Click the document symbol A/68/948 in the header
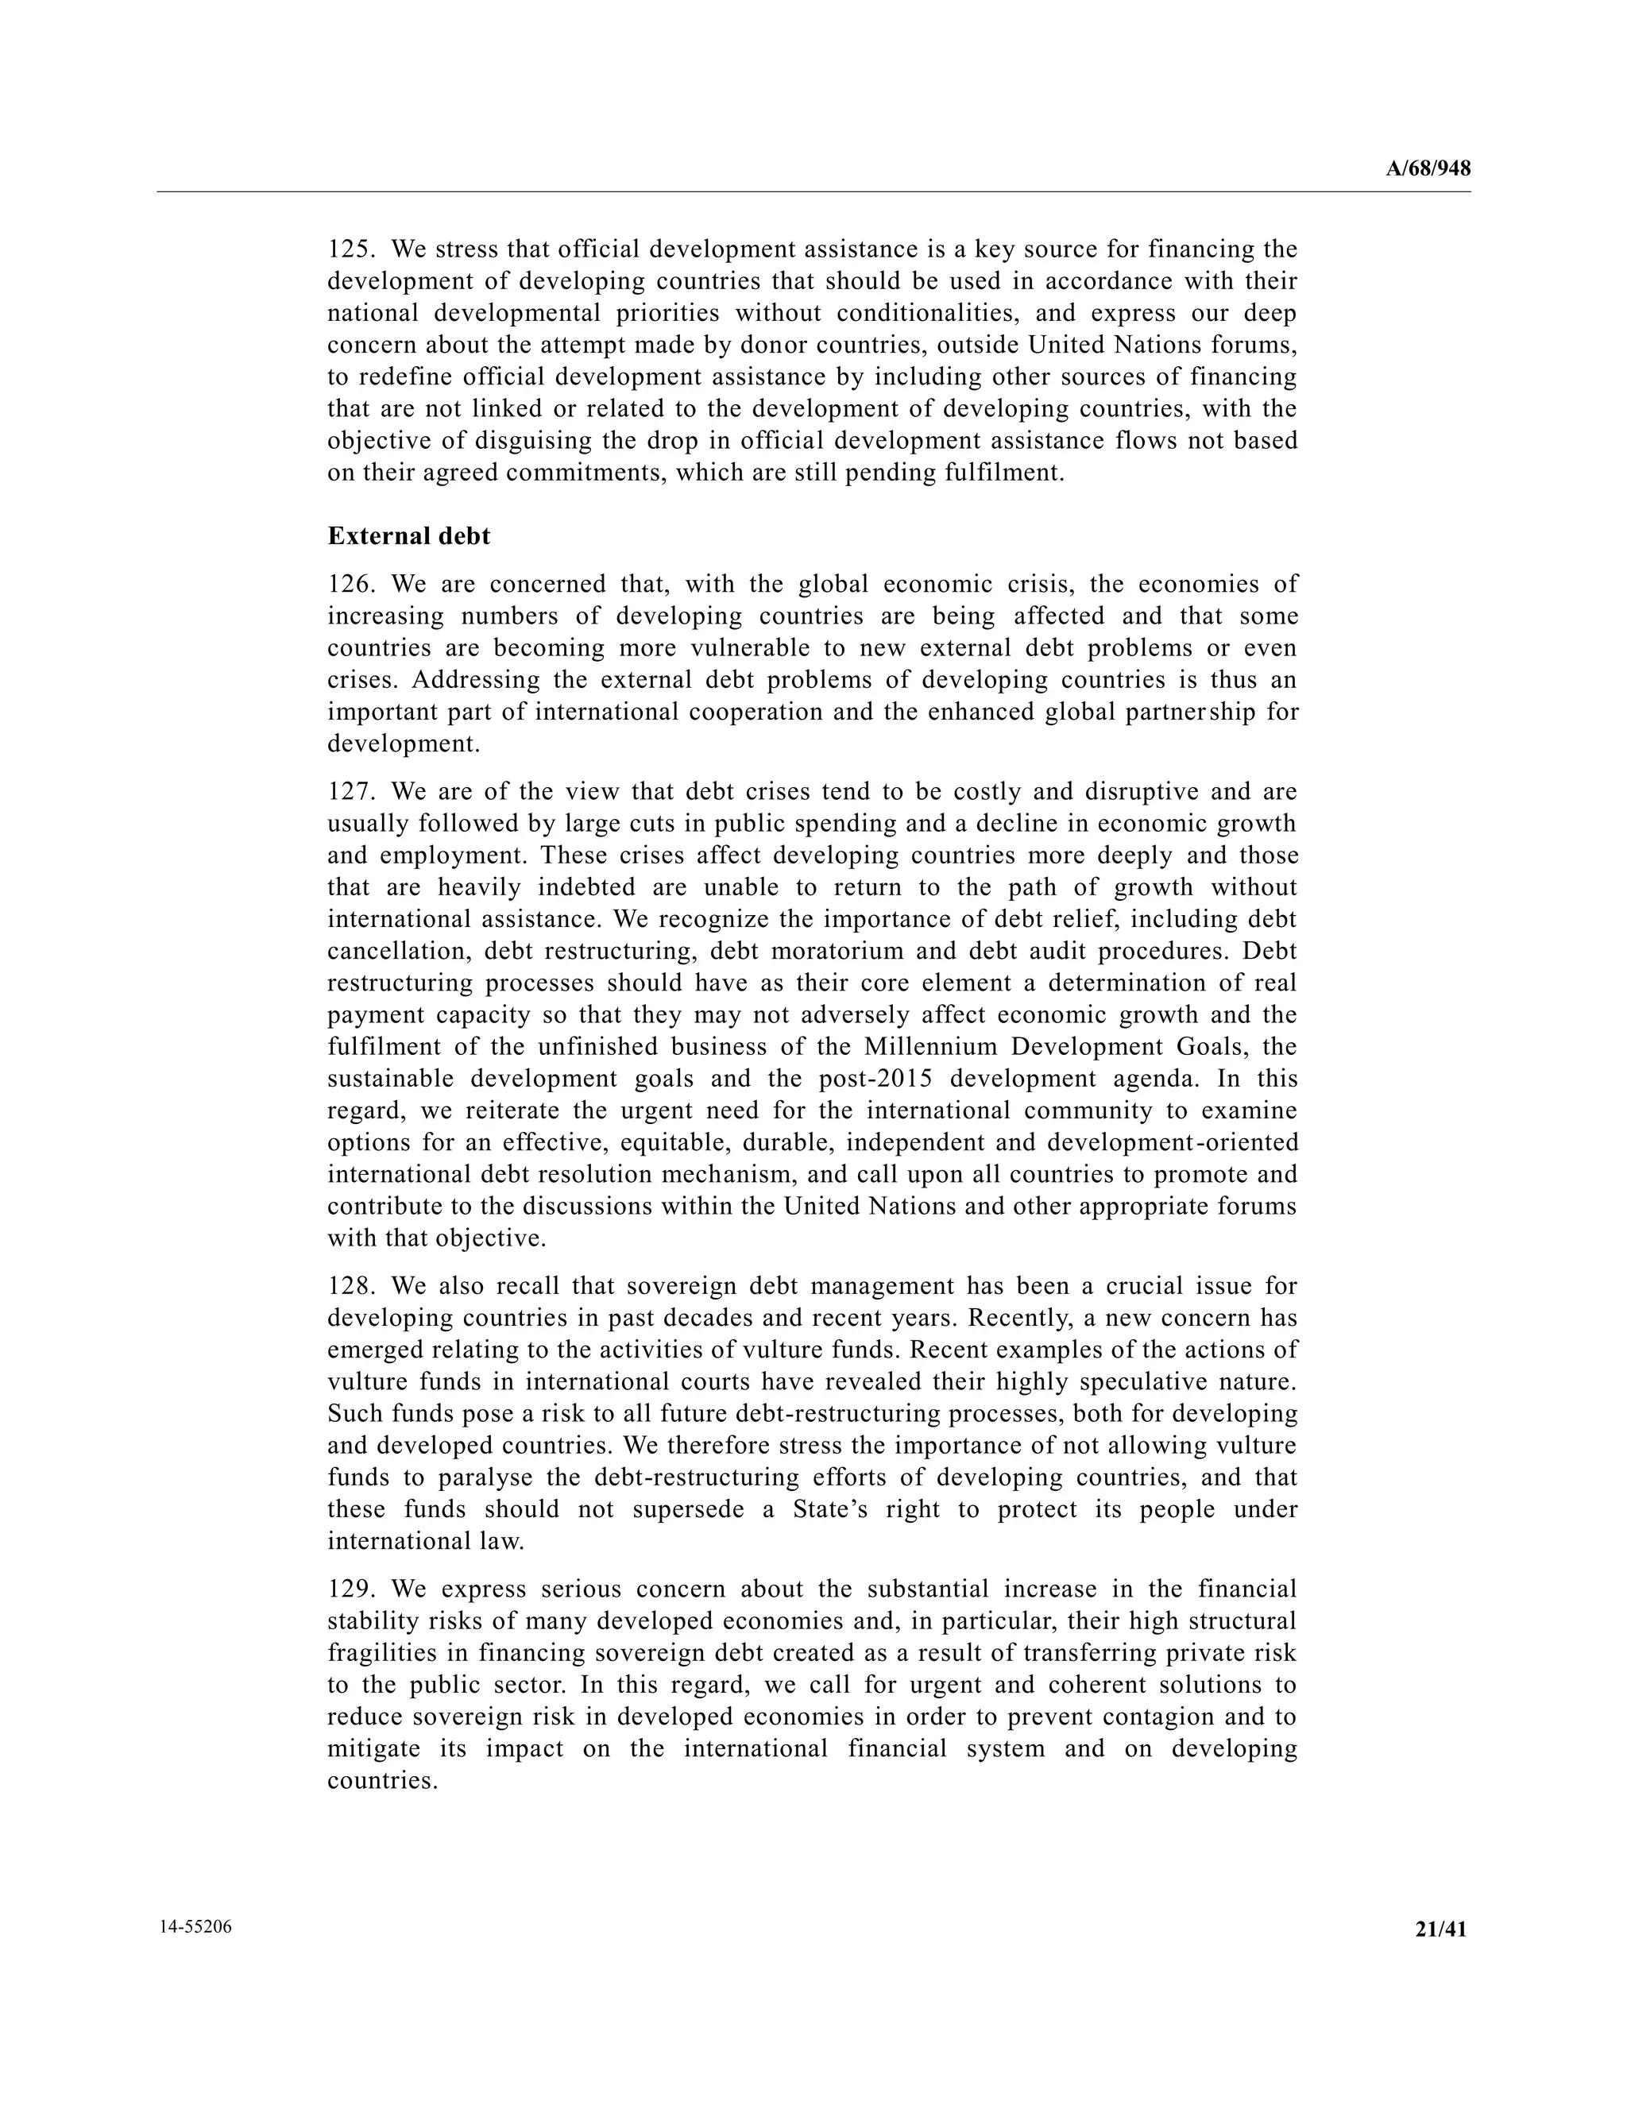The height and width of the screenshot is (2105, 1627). pyautogui.click(x=1428, y=168)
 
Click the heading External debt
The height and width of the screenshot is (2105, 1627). pyautogui.click(x=408, y=536)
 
